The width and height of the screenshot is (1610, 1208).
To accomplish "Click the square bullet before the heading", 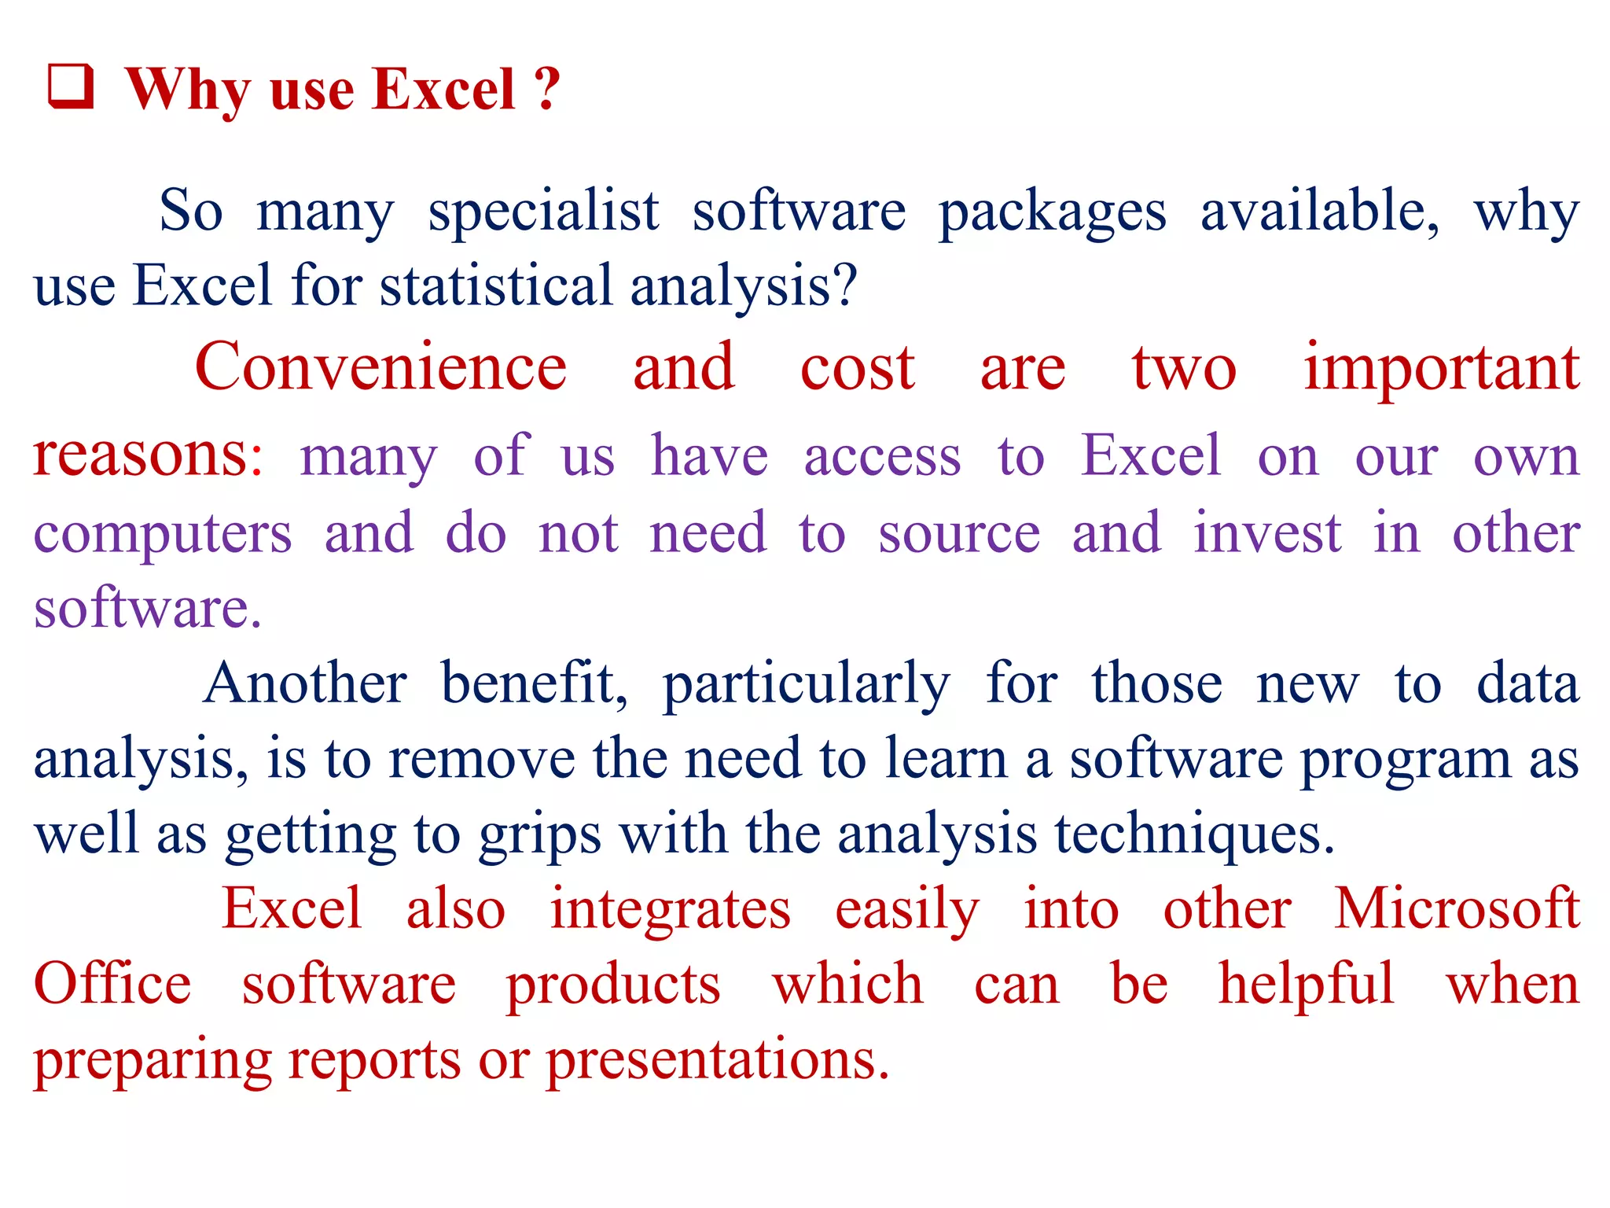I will (71, 87).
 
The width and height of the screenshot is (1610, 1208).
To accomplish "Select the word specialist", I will (543, 212).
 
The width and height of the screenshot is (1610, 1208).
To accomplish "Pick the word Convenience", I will (380, 367).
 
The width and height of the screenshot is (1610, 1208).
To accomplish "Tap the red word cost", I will (857, 368).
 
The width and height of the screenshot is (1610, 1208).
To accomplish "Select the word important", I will (1441, 368).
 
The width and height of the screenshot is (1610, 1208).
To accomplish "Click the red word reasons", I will (142, 455).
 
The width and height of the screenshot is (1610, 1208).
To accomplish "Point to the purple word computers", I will (163, 534).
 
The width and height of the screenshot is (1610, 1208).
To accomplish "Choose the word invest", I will (1266, 533).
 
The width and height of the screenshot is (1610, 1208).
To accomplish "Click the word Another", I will (305, 683).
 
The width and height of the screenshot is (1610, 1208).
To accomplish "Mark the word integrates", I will (670, 910).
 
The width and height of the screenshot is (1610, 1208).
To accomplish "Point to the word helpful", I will (1306, 985).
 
